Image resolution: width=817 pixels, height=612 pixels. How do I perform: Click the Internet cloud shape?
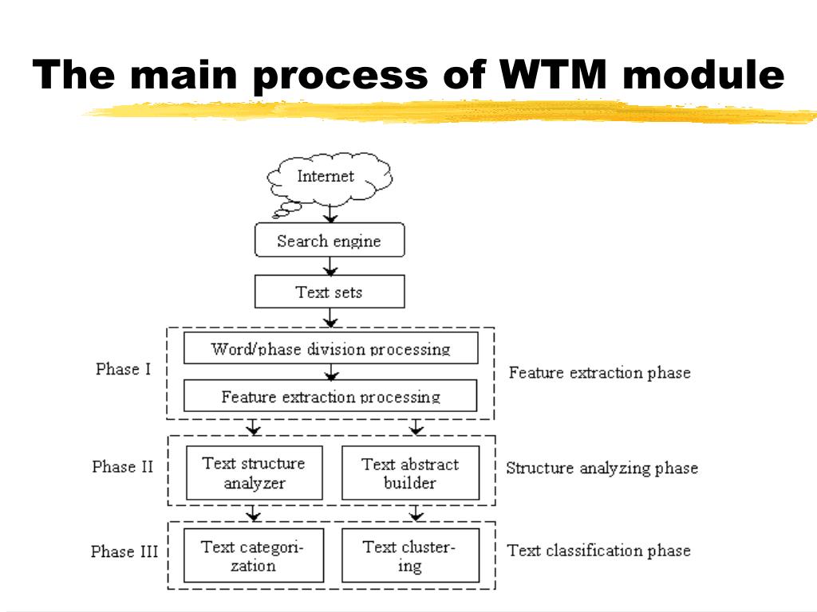tap(330, 178)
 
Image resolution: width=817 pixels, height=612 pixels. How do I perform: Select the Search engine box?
tap(330, 240)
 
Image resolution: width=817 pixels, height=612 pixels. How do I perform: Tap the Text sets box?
tap(330, 292)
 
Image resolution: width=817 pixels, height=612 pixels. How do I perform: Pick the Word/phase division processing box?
tap(331, 347)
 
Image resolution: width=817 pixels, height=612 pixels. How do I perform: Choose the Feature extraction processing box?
tap(330, 395)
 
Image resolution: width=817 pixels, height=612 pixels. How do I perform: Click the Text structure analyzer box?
tap(255, 473)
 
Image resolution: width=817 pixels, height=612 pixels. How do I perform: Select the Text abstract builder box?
tap(411, 473)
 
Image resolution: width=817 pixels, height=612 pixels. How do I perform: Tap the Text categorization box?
tap(254, 555)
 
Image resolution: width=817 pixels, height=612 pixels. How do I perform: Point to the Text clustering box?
tap(411, 555)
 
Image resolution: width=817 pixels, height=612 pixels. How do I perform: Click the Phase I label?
tap(123, 369)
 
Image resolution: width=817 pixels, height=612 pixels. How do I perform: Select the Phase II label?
tap(122, 466)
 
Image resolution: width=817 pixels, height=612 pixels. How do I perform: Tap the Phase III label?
tap(124, 551)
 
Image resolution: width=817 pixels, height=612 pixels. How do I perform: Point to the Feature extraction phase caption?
tap(600, 373)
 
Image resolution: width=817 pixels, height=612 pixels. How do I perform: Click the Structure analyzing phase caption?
tap(602, 468)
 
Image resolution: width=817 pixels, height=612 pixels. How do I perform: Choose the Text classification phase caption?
tap(599, 551)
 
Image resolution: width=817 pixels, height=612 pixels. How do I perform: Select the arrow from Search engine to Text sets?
tap(330, 266)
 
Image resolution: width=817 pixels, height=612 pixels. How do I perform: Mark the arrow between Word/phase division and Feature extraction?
tap(331, 371)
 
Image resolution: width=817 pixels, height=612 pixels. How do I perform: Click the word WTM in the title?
tap(553, 74)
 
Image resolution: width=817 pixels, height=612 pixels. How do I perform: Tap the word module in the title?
tap(704, 74)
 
